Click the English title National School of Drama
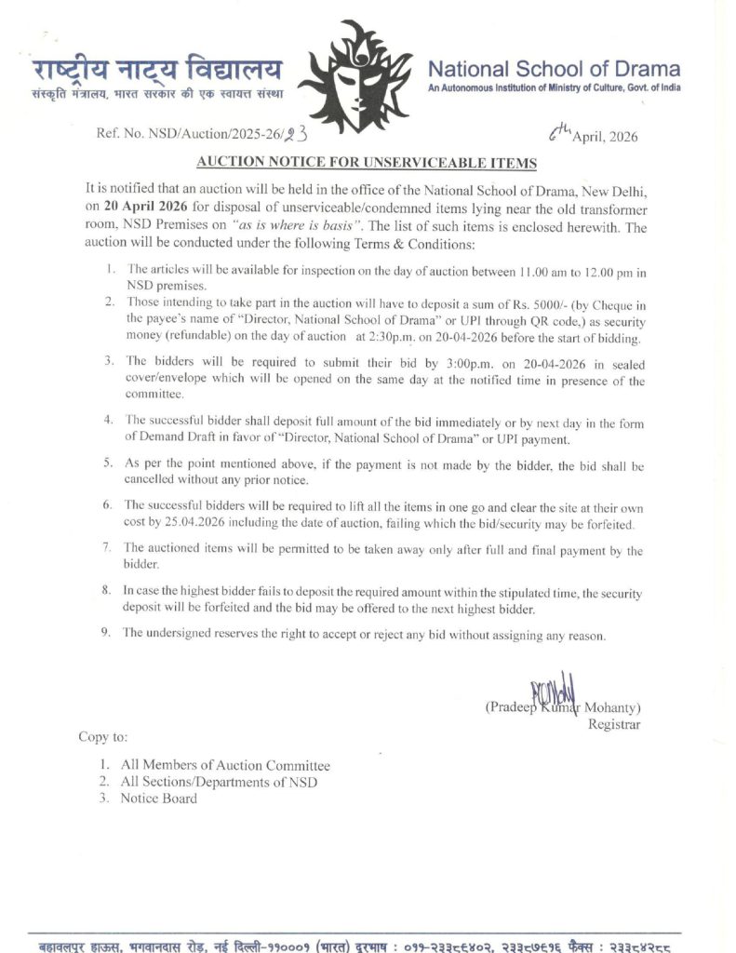pyautogui.click(x=554, y=69)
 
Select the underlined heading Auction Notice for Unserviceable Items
pyautogui.click(x=367, y=163)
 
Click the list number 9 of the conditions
pyautogui.click(x=107, y=634)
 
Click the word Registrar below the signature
pyautogui.click(x=614, y=724)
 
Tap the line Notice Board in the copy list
pyautogui.click(x=158, y=798)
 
